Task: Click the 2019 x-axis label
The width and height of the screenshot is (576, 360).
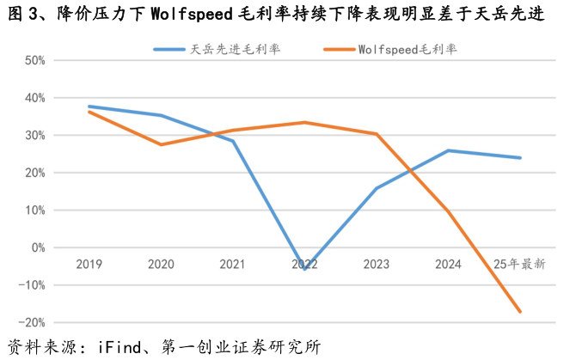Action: point(89,265)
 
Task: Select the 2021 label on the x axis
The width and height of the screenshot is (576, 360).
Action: point(233,265)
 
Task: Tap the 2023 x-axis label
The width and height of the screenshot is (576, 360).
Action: point(377,265)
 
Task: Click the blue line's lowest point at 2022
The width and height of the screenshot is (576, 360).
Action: point(305,269)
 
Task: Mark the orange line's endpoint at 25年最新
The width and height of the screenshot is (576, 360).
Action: point(520,311)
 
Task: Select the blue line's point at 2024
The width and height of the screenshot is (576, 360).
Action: point(448,150)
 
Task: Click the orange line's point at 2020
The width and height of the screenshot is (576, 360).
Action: point(162,144)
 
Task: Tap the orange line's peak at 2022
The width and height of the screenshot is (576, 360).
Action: point(305,122)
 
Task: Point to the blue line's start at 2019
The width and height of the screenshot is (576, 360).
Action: point(89,107)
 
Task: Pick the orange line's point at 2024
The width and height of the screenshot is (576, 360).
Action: point(448,211)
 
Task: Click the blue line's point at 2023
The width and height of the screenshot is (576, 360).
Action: point(377,188)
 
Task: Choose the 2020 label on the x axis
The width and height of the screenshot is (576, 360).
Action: point(162,265)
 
